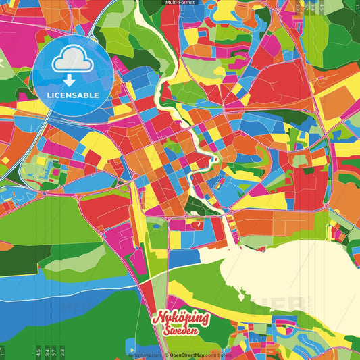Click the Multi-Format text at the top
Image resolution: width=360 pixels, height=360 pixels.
[180, 3]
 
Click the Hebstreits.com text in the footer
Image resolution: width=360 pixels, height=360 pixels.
[145, 355]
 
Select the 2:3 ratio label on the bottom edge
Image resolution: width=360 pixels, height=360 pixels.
[62, 351]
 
